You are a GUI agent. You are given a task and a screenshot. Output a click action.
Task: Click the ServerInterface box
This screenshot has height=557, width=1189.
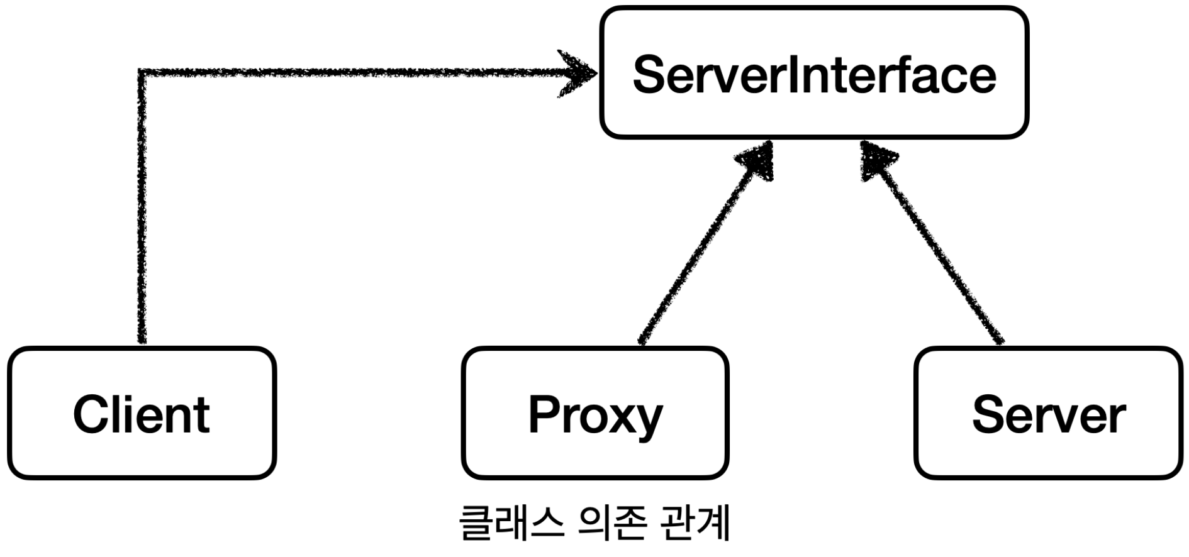pos(814,72)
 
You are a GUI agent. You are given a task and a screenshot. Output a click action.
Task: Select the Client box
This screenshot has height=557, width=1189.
pos(142,413)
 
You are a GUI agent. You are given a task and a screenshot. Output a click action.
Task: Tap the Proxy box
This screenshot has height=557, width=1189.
pos(595,413)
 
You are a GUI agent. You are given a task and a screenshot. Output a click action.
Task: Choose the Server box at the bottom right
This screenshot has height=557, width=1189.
pos(1048,413)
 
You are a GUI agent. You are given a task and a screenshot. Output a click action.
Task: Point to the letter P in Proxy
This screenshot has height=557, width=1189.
pos(544,414)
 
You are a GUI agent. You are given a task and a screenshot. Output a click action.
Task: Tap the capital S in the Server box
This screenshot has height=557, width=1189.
pos(989,414)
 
